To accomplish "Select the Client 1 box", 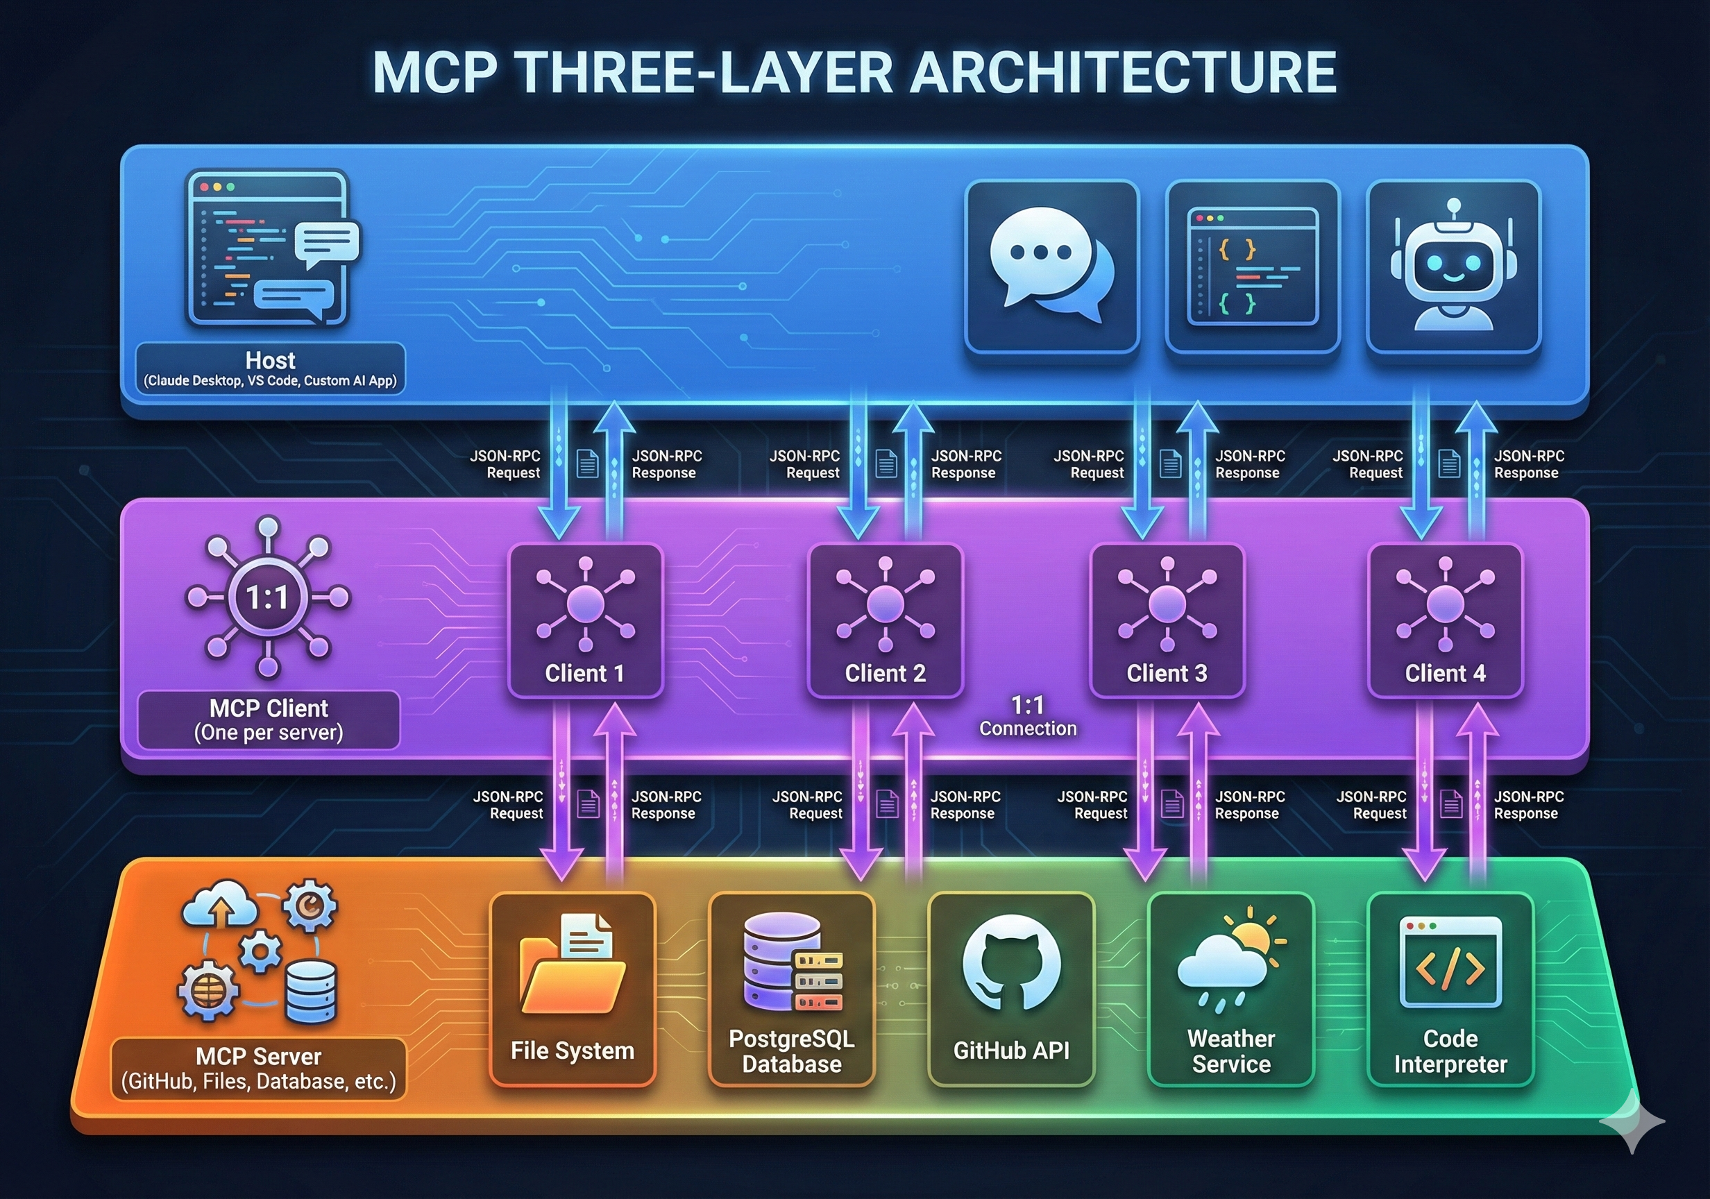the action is (586, 621).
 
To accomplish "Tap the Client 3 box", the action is (1167, 621).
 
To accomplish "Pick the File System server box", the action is (572, 989).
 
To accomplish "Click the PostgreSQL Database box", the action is (791, 989).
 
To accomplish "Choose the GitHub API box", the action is (1010, 989).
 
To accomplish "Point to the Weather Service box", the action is (1230, 989).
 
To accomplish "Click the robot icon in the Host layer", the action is (1453, 265).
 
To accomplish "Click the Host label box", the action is (271, 368).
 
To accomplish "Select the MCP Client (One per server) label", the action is (269, 720).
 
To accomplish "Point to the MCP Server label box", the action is (258, 1069).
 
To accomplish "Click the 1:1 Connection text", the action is (1028, 717).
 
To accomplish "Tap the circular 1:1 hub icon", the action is (267, 597).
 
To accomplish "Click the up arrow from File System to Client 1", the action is (614, 794).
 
